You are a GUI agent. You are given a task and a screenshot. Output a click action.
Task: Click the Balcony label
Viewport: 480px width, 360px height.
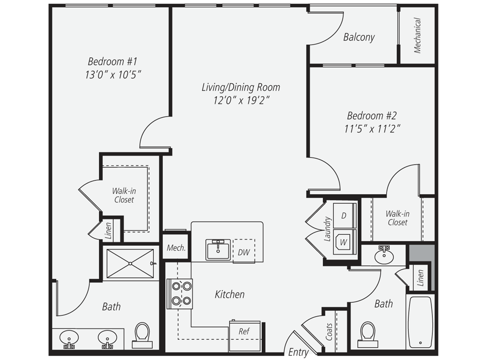click(359, 37)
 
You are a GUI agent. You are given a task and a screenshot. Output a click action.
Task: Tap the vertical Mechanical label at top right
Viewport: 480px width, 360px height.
click(418, 36)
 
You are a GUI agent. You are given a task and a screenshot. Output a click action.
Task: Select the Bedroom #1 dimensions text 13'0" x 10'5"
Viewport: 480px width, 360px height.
click(113, 75)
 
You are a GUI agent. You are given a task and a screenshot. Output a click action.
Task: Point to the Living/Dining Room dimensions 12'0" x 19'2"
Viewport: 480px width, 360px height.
click(241, 100)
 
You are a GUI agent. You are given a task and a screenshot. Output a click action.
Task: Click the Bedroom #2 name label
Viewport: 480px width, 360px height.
click(372, 116)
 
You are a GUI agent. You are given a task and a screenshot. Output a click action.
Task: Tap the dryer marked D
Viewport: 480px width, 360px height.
click(344, 216)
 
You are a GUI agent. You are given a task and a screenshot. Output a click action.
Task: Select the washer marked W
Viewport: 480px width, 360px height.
click(344, 242)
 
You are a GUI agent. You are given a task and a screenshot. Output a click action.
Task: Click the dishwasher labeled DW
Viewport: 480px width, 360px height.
click(244, 251)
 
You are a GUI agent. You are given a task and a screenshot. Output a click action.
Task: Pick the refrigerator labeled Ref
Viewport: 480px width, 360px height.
click(245, 336)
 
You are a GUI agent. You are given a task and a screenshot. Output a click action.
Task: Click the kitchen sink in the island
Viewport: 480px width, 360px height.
click(218, 249)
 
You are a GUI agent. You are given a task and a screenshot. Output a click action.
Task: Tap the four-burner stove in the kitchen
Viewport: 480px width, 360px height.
click(180, 294)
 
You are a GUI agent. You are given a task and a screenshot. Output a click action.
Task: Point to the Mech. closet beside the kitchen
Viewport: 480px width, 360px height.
click(176, 247)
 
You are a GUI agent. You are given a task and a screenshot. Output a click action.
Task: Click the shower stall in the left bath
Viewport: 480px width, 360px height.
click(130, 263)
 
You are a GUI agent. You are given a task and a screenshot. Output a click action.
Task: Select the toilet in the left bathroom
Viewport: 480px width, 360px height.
click(142, 335)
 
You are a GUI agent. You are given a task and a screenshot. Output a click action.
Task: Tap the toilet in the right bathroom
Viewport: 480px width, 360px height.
click(367, 334)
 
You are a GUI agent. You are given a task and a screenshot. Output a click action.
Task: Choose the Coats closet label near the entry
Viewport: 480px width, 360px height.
click(329, 331)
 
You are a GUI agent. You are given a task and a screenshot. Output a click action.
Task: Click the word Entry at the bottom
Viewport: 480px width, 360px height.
click(298, 352)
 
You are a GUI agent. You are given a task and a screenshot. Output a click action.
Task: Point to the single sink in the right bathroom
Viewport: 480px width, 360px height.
click(384, 256)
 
